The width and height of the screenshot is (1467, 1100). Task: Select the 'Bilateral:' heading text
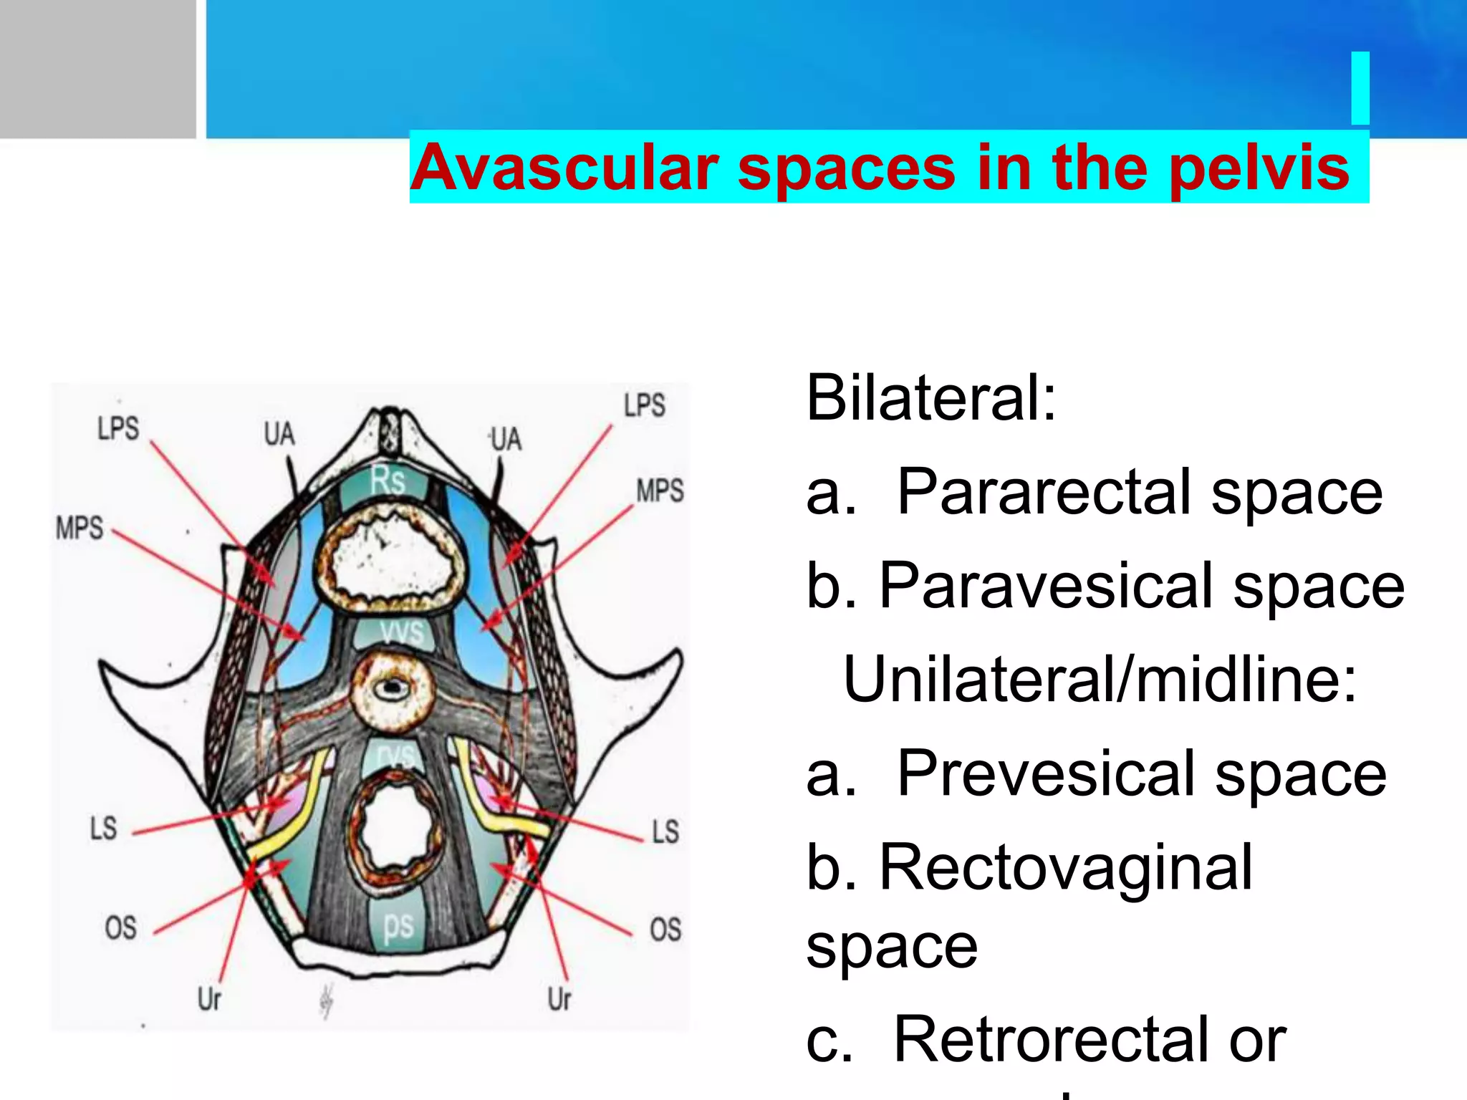click(x=930, y=398)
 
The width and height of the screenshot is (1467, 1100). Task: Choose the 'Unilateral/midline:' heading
click(x=1100, y=680)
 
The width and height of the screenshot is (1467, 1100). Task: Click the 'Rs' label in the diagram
click(x=388, y=480)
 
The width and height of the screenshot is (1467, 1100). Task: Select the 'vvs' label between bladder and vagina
click(x=402, y=632)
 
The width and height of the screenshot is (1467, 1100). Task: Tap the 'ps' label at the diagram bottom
click(x=398, y=925)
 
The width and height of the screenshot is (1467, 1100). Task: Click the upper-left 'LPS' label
click(x=118, y=429)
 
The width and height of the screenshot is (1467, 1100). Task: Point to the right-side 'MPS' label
click(x=660, y=491)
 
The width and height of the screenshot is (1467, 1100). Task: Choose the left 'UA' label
click(x=279, y=434)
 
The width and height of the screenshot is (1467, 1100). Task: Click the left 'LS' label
click(x=103, y=829)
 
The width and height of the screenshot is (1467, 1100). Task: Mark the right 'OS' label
click(x=665, y=930)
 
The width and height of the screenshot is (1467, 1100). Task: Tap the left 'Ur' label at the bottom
click(x=209, y=998)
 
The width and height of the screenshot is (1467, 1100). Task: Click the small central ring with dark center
click(x=392, y=690)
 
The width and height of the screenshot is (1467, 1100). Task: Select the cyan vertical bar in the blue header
click(x=1360, y=88)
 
